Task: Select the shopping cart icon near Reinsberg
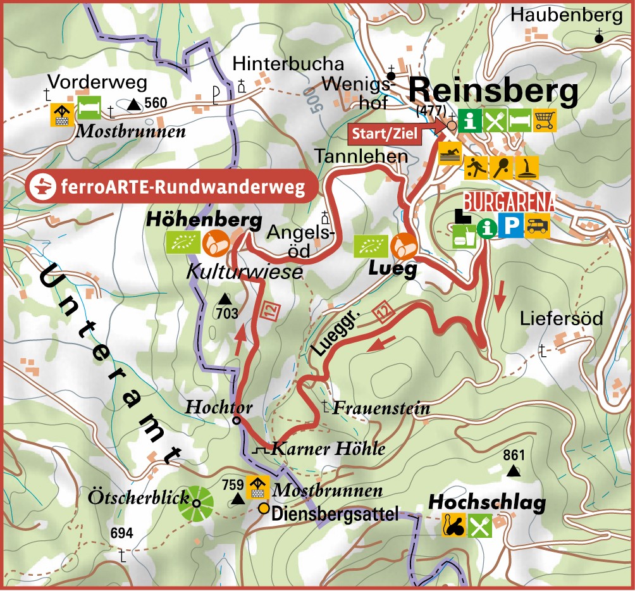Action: click(545, 119)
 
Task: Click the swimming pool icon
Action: click(450, 156)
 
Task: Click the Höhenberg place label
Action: click(204, 220)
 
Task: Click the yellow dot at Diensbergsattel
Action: click(264, 509)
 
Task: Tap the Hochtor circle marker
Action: click(237, 420)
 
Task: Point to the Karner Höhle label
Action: click(328, 449)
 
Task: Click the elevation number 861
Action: click(514, 455)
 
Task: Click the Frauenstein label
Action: click(381, 408)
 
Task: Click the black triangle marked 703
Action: click(224, 299)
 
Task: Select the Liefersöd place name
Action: click(561, 318)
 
